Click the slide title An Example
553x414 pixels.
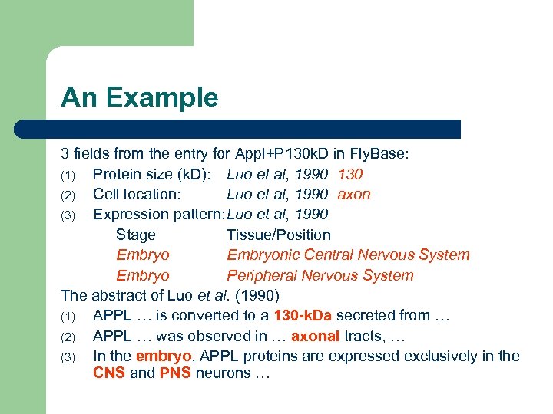pyautogui.click(x=139, y=97)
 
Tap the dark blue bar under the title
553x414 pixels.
pyautogui.click(x=261, y=129)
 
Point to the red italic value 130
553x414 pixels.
pyautogui.click(x=350, y=174)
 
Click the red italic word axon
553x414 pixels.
pyautogui.click(x=354, y=194)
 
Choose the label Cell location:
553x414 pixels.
pyautogui.click(x=137, y=194)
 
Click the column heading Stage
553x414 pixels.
pyautogui.click(x=135, y=235)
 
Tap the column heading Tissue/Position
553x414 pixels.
pyautogui.click(x=279, y=235)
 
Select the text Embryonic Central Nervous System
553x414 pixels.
pyautogui.click(x=348, y=255)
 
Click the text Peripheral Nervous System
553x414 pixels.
pyautogui.click(x=320, y=275)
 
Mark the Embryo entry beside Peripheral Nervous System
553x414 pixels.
pyautogui.click(x=142, y=275)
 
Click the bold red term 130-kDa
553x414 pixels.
pyautogui.click(x=303, y=315)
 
